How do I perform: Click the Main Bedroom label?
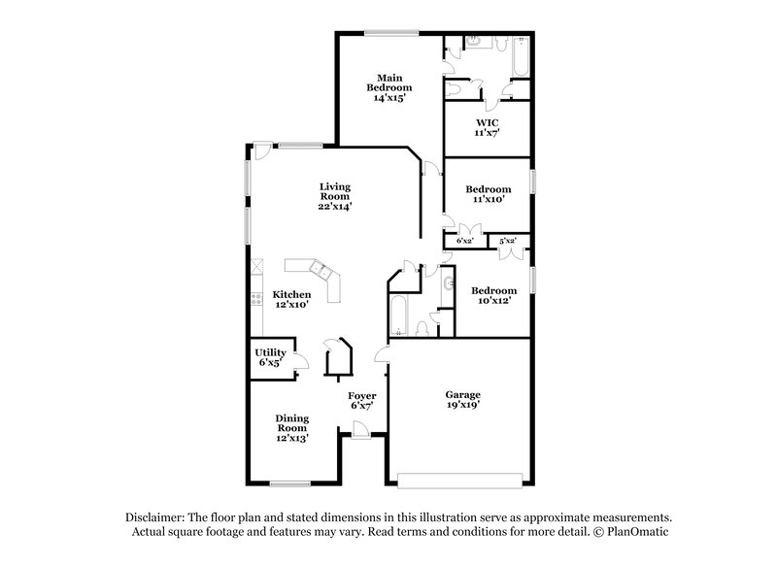(x=386, y=87)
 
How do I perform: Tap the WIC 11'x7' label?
(x=486, y=126)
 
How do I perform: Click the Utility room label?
(x=270, y=356)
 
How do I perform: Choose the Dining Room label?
(x=292, y=427)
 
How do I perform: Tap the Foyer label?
(x=362, y=401)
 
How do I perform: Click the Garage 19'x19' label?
(x=463, y=400)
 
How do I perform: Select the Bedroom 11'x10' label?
(x=488, y=194)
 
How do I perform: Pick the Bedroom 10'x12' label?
(x=493, y=295)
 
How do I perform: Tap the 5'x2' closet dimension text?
(x=507, y=240)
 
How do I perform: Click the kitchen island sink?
(x=318, y=266)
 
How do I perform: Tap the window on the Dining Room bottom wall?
(x=289, y=483)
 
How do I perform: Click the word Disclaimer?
(x=157, y=517)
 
